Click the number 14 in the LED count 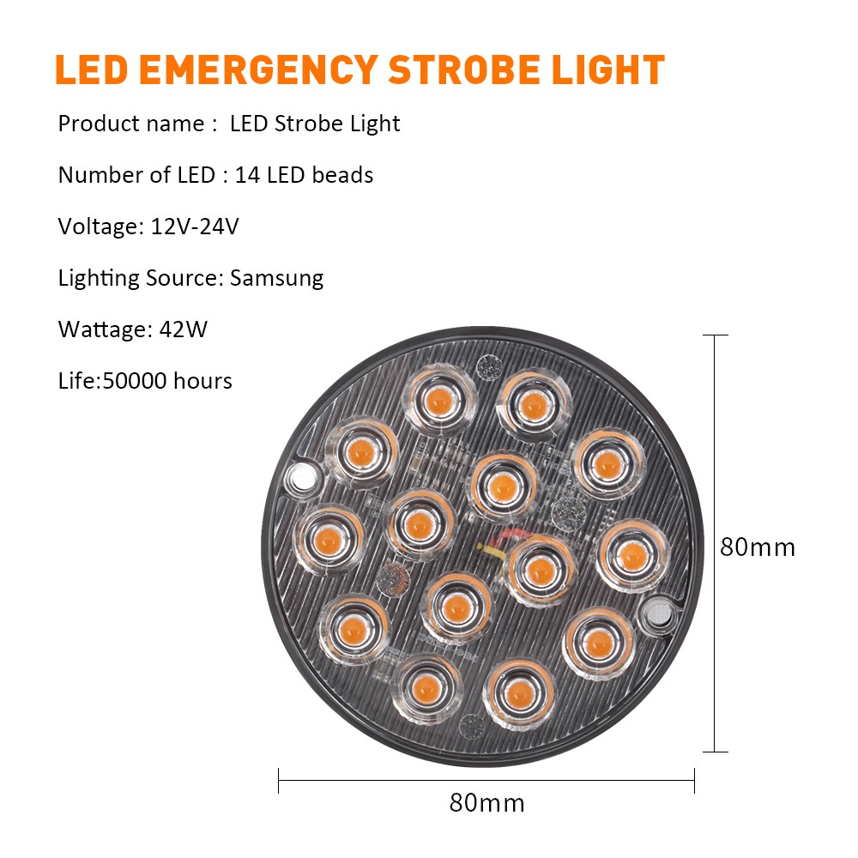tap(247, 175)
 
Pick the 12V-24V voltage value tap(195, 227)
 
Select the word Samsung tap(276, 278)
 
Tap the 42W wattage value tap(184, 329)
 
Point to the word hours tap(202, 381)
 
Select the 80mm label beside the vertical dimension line tap(758, 547)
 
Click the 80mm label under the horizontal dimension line tap(486, 803)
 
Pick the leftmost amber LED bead tap(328, 541)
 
